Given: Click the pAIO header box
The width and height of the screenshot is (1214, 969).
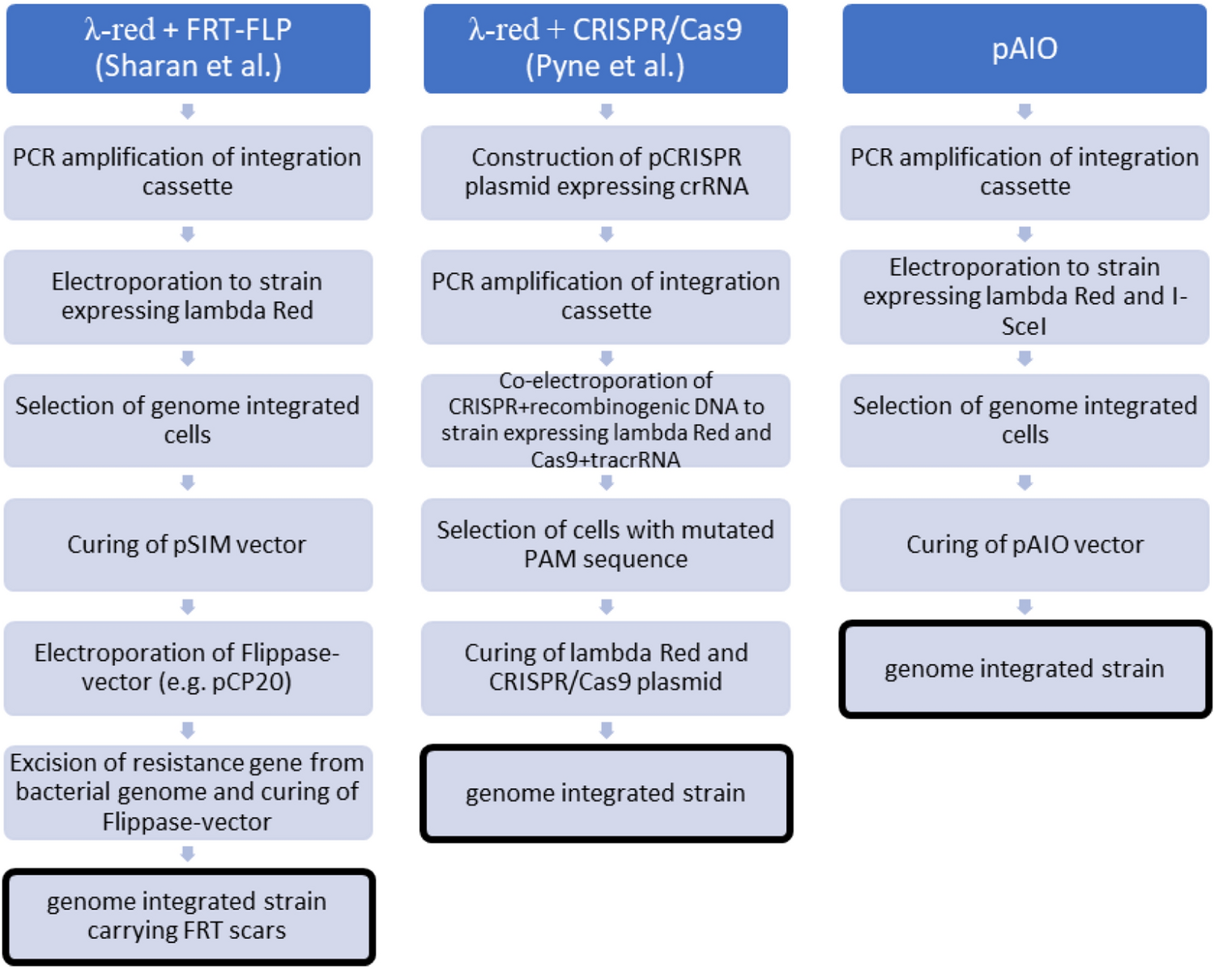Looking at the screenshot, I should point(1024,49).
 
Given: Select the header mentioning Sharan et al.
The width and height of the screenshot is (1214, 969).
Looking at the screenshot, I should point(188,49).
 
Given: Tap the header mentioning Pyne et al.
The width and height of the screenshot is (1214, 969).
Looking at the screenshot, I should point(605,49).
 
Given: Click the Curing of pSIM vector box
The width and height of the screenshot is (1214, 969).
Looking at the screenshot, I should point(188,544).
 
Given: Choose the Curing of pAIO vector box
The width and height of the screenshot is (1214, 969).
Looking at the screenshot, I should point(1024,544).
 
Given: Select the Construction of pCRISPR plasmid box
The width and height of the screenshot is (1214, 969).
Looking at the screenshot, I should point(605,172).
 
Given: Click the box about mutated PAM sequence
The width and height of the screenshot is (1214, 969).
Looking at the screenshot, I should point(605,544).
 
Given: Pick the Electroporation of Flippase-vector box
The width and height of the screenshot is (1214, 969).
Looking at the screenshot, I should point(188,668).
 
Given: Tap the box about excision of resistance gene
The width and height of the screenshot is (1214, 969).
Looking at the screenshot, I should point(188,792).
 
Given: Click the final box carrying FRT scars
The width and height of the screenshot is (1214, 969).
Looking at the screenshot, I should point(188,916).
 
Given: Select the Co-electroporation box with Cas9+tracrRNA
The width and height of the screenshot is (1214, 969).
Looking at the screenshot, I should point(605,420).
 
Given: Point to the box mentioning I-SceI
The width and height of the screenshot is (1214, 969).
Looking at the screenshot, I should point(1024,297).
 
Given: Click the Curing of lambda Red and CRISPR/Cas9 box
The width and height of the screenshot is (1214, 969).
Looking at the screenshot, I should point(605,668).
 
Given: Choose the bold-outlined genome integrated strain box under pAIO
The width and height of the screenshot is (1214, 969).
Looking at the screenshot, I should point(1024,669).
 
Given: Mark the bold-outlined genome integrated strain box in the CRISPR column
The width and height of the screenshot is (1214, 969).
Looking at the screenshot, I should point(605,793).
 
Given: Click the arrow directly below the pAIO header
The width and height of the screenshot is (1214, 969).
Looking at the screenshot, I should point(1024,111).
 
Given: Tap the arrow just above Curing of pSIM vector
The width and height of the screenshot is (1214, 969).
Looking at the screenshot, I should point(188,483).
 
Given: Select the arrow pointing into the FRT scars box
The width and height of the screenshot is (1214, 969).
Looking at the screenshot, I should point(188,854).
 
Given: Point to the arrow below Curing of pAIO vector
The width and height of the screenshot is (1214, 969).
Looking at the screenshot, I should point(1024,607).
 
